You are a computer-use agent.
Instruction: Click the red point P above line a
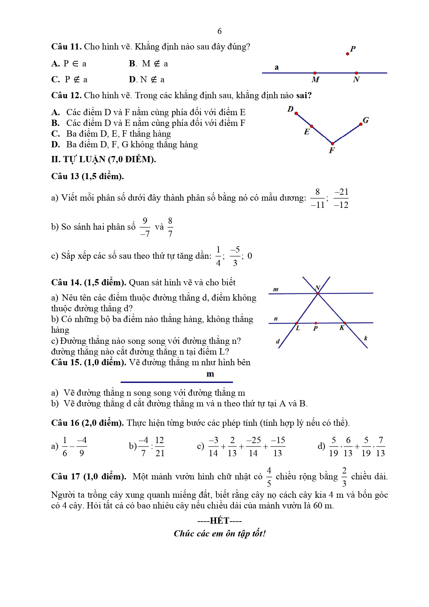coord(347,54)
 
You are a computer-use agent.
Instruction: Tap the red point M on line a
coord(315,73)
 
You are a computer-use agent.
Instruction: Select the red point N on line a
coord(356,73)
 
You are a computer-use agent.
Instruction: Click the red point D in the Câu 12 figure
coord(296,113)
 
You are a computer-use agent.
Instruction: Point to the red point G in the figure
coord(361,124)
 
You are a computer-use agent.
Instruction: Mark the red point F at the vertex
coord(332,144)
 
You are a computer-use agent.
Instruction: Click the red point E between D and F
coord(311,127)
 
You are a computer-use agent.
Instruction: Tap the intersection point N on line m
coord(318,293)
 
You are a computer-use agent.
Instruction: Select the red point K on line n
coord(344,323)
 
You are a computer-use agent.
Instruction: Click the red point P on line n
coord(316,323)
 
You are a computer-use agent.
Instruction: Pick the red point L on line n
coord(297,323)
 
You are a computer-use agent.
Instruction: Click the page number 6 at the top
coord(220,31)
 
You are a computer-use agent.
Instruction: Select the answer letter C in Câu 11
coord(55,80)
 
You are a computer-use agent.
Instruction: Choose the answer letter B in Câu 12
coord(55,123)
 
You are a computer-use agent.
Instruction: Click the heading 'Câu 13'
coord(65,176)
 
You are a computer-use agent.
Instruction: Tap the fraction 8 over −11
coord(318,199)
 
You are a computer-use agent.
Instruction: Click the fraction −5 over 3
coord(235,256)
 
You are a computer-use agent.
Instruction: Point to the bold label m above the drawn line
coord(210,374)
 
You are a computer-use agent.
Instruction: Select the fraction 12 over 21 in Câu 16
coord(159,447)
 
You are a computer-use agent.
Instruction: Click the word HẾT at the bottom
coord(220,521)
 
